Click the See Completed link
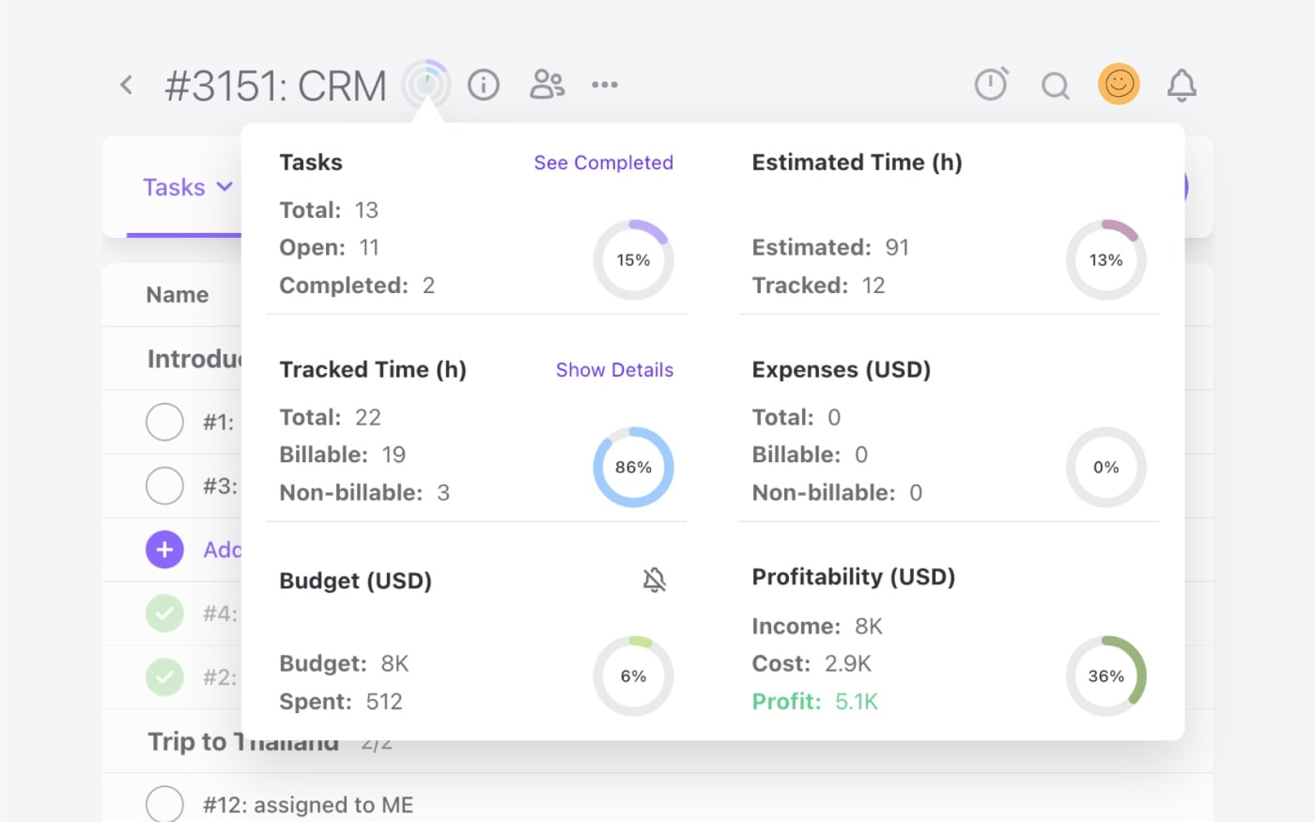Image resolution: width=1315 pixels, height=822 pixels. coord(603,163)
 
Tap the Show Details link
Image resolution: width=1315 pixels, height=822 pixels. coord(614,370)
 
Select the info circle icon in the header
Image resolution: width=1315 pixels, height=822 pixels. coord(484,85)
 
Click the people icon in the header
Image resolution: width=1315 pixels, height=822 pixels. coord(547,85)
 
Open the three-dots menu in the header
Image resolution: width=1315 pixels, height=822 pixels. coord(605,85)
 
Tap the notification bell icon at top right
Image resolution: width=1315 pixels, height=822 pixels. coord(1182,85)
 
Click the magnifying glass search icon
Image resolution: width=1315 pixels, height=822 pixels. coord(1056,86)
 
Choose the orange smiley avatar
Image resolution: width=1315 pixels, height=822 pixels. coord(1119,85)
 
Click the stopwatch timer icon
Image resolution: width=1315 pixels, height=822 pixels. coord(991,85)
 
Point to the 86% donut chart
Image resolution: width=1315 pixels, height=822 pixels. coord(633,467)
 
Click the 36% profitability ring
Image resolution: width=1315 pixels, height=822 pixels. coord(1106,675)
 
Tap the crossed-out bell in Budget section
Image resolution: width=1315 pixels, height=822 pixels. coord(655,580)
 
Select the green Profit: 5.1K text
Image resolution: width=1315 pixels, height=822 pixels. coord(814,702)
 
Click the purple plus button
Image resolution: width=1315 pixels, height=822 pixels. coord(164,550)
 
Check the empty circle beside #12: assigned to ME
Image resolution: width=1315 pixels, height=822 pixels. coord(164,804)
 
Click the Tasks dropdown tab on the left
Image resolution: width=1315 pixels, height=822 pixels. coord(186,187)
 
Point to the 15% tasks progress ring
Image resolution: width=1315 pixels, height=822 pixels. coord(633,260)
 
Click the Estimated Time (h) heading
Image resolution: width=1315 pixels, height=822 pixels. coord(857,163)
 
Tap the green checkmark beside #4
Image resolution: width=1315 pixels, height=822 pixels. coord(164,613)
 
